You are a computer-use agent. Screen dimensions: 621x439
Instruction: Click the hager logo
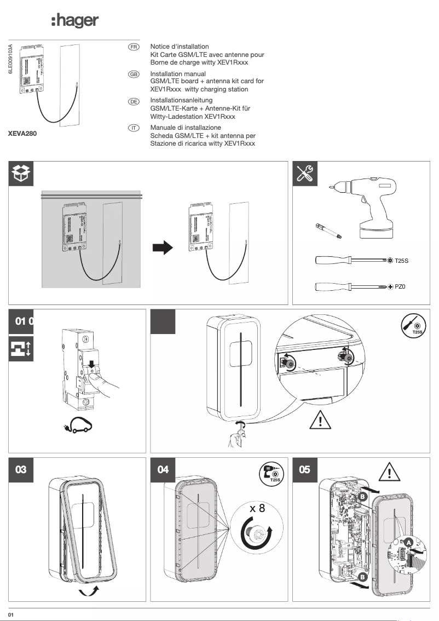74,21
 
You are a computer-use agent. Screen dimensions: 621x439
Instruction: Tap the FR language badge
133,47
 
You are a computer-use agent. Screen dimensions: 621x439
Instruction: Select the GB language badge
133,74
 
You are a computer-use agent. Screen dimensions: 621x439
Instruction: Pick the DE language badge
133,101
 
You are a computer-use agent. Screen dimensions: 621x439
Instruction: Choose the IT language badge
133,128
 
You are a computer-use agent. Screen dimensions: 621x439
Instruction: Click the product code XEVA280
22,133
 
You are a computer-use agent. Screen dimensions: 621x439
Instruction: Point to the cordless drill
371,205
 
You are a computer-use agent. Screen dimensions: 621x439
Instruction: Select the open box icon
20,174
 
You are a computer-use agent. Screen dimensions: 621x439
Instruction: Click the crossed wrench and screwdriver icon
305,174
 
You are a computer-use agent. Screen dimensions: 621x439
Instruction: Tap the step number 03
21,470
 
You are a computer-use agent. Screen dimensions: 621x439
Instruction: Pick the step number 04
163,470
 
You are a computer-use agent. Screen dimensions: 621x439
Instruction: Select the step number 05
305,470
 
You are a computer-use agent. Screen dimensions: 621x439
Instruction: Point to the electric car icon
77,426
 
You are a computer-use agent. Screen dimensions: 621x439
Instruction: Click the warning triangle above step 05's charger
388,472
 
